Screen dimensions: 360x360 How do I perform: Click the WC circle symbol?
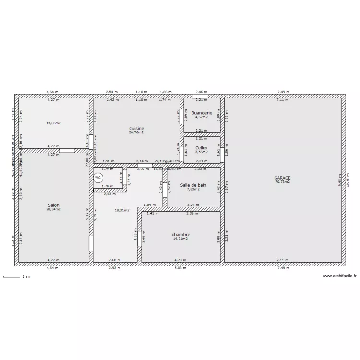pos(98,178)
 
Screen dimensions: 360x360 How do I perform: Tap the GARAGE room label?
pos(283,178)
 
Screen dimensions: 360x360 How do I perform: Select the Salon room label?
pos(53,205)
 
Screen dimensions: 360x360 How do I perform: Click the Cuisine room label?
pos(136,128)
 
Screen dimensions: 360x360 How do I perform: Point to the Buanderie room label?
pos(201,113)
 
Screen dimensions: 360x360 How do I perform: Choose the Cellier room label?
pos(202,148)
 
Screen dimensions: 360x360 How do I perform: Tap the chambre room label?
pos(181,235)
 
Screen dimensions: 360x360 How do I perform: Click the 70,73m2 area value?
pos(283,182)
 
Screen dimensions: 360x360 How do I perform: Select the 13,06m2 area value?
pos(53,123)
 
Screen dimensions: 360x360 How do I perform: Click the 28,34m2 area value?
pos(53,209)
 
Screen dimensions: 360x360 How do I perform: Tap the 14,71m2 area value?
pos(181,239)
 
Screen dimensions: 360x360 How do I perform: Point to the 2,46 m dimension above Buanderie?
pos(202,92)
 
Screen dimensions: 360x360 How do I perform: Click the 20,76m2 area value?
pos(136,132)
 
